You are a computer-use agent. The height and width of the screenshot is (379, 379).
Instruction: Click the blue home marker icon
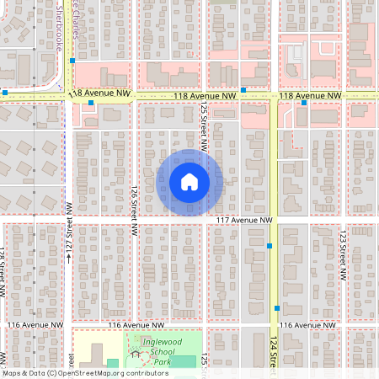pos(189,182)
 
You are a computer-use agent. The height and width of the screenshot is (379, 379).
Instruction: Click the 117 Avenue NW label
pos(245,220)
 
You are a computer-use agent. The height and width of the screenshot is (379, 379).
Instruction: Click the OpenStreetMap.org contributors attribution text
pos(108,372)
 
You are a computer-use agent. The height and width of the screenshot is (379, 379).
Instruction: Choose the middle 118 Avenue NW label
pos(205,96)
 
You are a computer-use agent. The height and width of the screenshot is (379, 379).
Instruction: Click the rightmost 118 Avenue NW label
pos(309,96)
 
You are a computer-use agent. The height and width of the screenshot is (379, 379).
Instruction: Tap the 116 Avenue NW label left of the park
pos(136,325)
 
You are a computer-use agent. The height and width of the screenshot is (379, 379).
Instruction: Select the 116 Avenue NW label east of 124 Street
pos(309,325)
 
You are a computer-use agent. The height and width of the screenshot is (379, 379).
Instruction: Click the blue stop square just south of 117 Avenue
pos(270,246)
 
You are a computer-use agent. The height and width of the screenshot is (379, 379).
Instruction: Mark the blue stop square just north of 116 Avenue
pos(276,308)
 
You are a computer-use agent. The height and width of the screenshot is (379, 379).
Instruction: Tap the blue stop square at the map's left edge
pos(5,92)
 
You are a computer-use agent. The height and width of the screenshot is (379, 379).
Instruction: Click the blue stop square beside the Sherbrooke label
pos(73,61)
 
